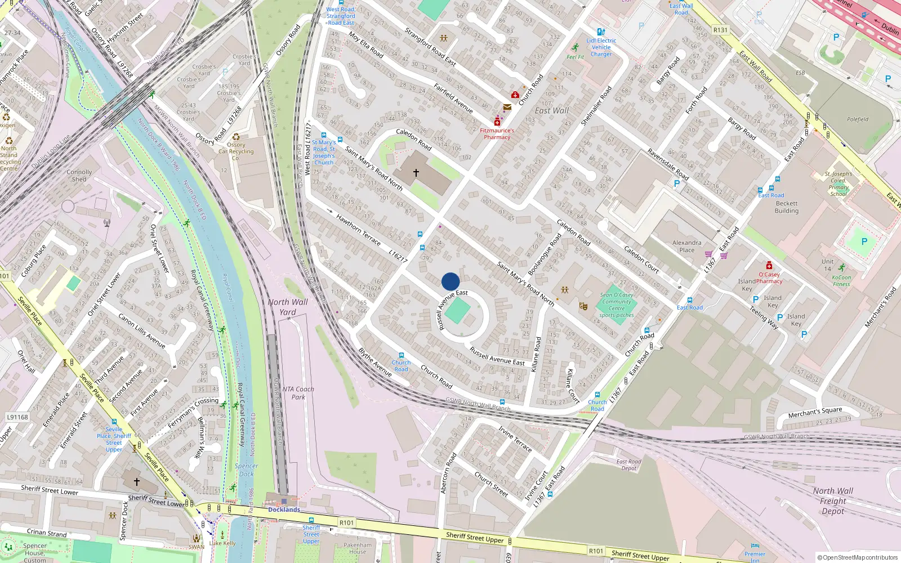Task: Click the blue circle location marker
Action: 450,281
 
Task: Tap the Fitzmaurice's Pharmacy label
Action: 497,134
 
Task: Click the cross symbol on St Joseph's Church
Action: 416,173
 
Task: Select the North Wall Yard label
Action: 288,307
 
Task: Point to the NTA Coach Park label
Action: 298,393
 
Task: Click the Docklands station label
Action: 284,510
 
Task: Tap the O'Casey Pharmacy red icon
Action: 769,266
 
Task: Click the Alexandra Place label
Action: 687,246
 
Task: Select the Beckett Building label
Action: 787,207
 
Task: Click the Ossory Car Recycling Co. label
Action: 236,151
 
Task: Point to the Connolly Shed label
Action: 79,176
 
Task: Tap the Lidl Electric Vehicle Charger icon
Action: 601,32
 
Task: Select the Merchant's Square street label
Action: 815,412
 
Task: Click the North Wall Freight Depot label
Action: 833,501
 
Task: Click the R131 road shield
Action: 720,30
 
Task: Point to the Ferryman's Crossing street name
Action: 194,412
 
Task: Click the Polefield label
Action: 858,119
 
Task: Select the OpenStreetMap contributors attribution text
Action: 858,558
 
